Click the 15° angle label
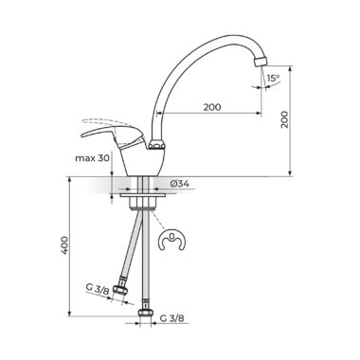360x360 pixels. [274, 78]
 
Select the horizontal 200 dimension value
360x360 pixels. [212, 107]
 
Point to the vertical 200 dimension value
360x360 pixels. [285, 119]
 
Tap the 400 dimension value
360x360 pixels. [64, 244]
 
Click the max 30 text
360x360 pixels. [92, 158]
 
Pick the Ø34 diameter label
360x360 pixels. [179, 183]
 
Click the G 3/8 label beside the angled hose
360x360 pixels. [98, 289]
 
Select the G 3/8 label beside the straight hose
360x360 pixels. [171, 318]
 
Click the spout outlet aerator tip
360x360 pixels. [261, 61]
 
